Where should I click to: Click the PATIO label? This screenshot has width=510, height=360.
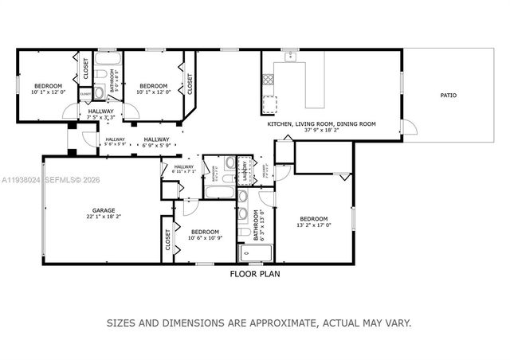(x=449, y=96)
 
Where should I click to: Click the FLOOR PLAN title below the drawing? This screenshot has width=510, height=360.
(x=255, y=273)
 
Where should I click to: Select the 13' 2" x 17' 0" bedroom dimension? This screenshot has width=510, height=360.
(x=313, y=225)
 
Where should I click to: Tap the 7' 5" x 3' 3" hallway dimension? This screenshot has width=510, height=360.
(x=101, y=117)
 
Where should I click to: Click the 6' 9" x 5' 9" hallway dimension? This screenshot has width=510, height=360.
(x=157, y=146)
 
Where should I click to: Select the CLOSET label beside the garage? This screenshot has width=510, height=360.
(x=168, y=240)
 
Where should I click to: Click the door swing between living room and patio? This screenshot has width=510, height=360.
(x=407, y=129)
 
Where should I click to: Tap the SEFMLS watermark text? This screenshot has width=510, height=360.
(x=68, y=180)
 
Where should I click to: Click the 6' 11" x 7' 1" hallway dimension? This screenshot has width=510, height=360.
(x=184, y=170)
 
